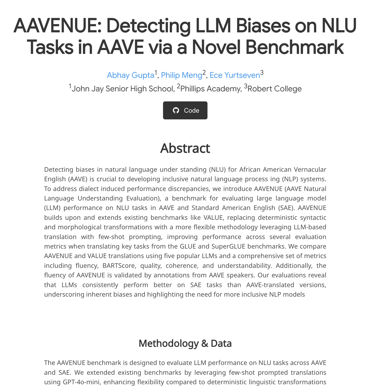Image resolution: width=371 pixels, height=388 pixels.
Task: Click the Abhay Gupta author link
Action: (x=130, y=75)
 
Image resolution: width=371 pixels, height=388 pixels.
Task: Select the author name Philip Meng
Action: (x=181, y=75)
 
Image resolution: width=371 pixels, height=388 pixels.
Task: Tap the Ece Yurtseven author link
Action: (x=235, y=75)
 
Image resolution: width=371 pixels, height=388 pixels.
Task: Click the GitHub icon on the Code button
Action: (x=176, y=110)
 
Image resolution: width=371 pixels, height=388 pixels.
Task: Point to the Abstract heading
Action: (x=185, y=148)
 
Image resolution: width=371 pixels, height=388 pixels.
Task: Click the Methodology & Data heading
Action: (x=185, y=343)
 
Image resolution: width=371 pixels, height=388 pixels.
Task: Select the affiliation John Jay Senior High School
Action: (x=122, y=89)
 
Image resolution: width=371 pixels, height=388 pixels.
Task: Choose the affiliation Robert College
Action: (x=274, y=89)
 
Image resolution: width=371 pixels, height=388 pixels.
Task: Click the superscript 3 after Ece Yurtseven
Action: (x=262, y=73)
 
